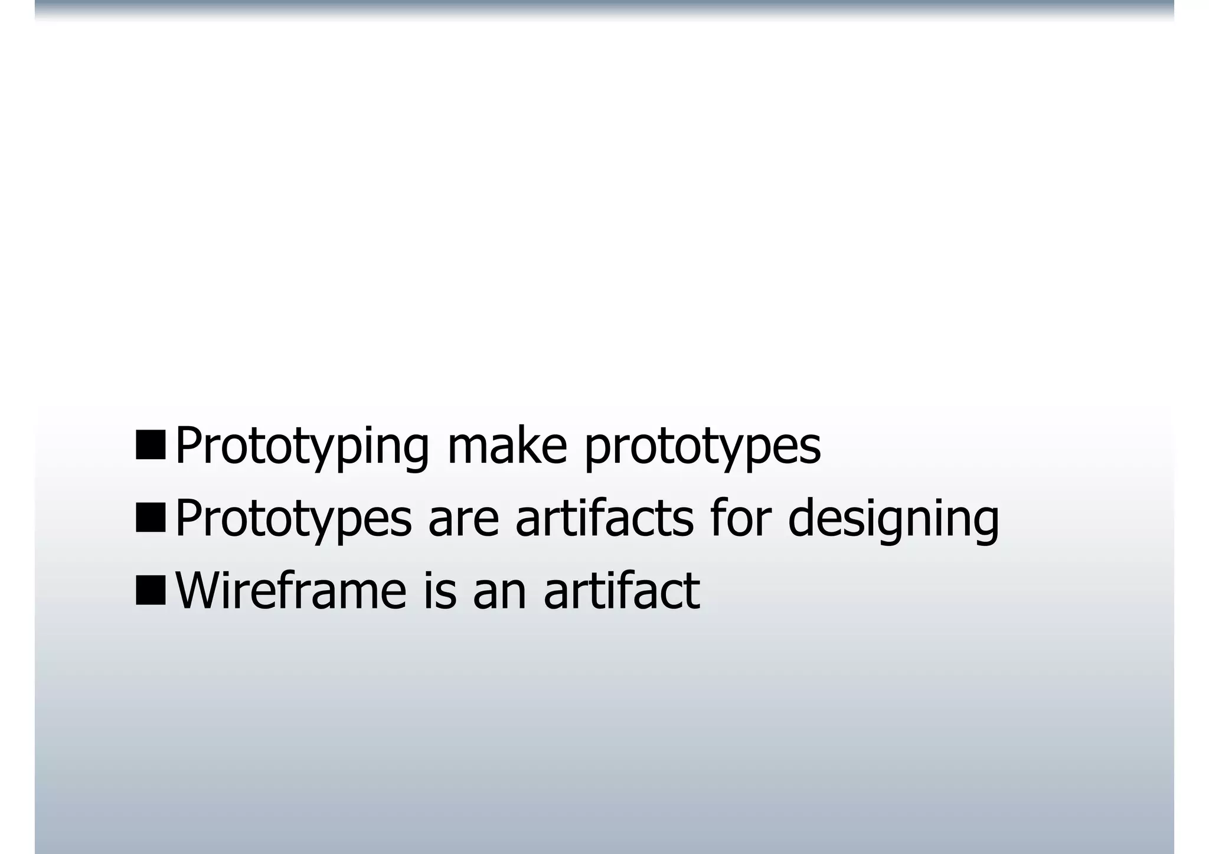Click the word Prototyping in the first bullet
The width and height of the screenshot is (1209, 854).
tap(302, 447)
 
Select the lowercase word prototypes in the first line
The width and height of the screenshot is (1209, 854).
tap(702, 447)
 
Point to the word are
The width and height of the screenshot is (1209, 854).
tap(463, 519)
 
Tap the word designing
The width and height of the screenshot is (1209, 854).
tap(893, 519)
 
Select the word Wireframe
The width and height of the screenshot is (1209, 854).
tap(291, 591)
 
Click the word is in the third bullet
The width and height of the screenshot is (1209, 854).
tap(440, 591)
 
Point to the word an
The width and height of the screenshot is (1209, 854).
tap(499, 592)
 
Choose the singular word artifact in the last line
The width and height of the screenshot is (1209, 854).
tap(622, 591)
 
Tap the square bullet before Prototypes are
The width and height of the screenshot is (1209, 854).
tap(151, 518)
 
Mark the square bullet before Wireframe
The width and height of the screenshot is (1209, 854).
tap(151, 590)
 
